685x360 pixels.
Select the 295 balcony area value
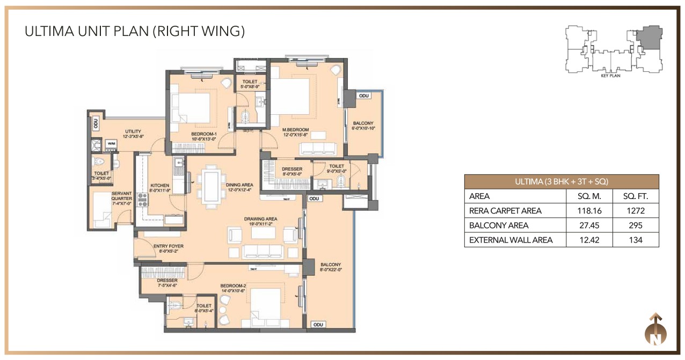pyautogui.click(x=636, y=225)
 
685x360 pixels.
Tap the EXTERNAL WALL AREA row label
pyautogui.click(x=511, y=240)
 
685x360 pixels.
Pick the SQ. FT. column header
pyautogui.click(x=636, y=196)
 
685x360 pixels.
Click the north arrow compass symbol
pyautogui.click(x=655, y=329)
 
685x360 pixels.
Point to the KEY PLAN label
pyautogui.click(x=610, y=76)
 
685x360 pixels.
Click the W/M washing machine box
pyautogui.click(x=112, y=144)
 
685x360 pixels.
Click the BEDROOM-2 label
pyautogui.click(x=232, y=289)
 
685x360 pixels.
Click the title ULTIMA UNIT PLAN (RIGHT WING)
pyautogui.click(x=135, y=31)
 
